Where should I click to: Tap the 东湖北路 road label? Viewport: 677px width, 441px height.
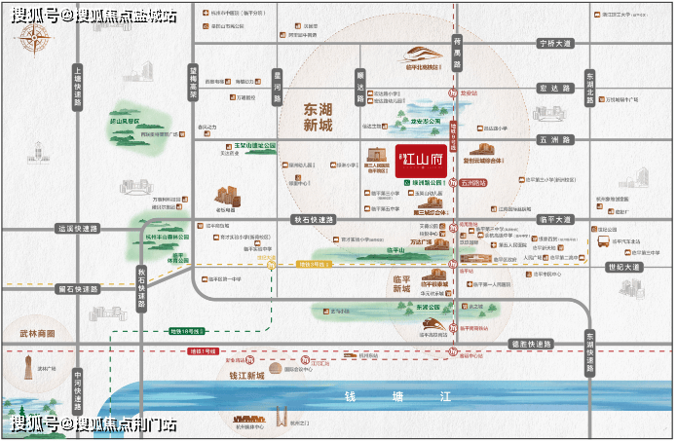(x=589, y=86)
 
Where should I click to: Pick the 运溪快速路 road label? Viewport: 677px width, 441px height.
(x=78, y=229)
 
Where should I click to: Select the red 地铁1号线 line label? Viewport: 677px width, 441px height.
(x=202, y=349)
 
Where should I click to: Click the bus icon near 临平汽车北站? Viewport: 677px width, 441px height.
(x=604, y=239)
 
